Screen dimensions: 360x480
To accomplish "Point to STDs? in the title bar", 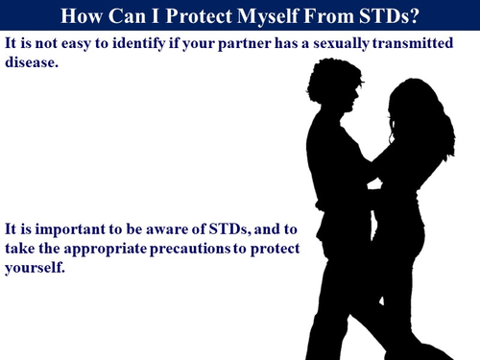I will click(x=397, y=16).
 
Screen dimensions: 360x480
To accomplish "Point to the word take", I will click(x=20, y=249).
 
